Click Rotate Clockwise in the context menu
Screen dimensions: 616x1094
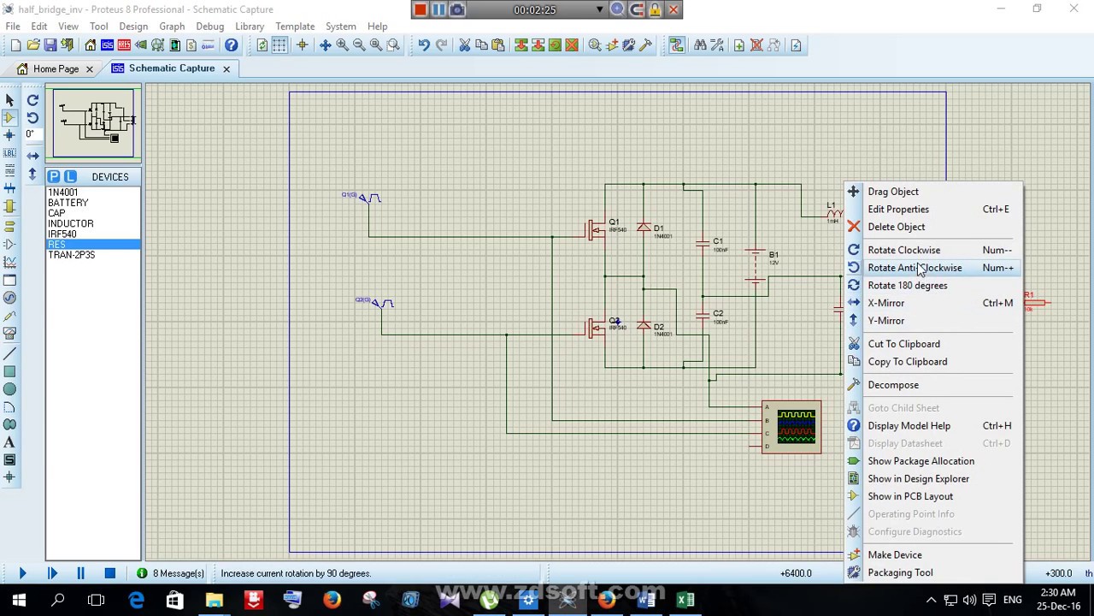[903, 250]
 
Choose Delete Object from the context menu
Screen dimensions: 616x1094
[896, 227]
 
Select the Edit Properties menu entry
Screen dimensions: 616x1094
[897, 209]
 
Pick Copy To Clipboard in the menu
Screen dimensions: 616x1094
[907, 361]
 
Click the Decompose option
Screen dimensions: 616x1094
[892, 385]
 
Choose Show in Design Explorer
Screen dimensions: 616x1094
[918, 478]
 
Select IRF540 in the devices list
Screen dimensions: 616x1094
[62, 234]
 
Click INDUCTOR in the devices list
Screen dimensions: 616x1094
[70, 223]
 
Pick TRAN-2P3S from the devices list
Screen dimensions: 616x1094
[71, 255]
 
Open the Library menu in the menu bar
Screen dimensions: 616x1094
[250, 27]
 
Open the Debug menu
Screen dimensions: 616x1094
[209, 27]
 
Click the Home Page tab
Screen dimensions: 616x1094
[56, 68]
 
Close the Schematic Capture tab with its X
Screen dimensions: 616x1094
[226, 68]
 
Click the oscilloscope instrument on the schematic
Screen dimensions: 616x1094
[791, 427]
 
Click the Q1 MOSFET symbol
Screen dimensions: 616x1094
[597, 230]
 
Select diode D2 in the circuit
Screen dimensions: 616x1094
[644, 326]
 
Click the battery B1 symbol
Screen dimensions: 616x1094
[755, 264]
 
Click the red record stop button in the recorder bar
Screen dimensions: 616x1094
[421, 9]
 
